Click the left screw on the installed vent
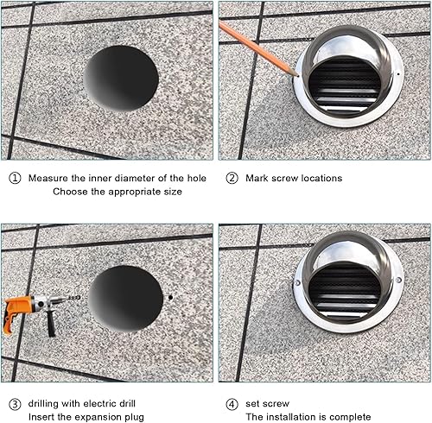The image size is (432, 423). coord(298,281)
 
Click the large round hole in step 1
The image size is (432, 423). coord(122,78)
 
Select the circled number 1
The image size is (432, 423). coord(15,178)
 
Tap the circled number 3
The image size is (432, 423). coord(15,404)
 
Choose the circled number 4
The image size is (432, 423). coord(231,404)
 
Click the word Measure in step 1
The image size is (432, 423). coord(48,178)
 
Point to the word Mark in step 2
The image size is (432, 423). coord(257,178)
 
